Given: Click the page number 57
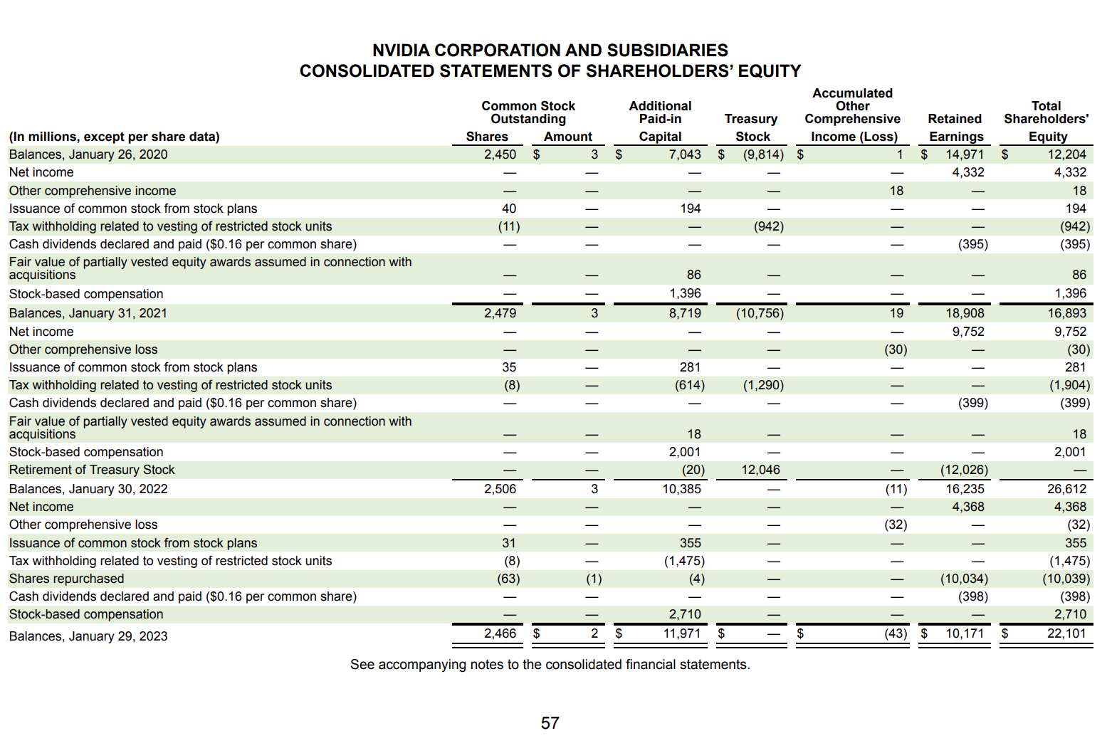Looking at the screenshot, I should point(550,723).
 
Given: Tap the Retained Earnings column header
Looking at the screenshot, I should point(955,128).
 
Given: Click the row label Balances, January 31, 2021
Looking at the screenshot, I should point(88,313).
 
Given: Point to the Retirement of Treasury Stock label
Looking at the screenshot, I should point(92,470).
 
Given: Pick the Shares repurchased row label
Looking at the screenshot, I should point(66,579).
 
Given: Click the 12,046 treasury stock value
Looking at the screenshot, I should point(760,470).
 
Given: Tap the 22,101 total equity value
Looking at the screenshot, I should point(1066,633).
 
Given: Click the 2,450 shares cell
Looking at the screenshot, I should point(500,154).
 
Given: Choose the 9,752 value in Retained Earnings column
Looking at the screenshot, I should point(968,332).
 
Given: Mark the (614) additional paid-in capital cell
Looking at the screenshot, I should point(689,385).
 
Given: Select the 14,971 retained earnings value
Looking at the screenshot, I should point(965,154).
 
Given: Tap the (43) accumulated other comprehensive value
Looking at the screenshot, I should point(896,633).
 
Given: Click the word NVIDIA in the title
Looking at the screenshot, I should point(401,51).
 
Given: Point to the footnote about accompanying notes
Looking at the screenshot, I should point(550,665).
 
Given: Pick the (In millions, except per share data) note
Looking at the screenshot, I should point(115,137).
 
